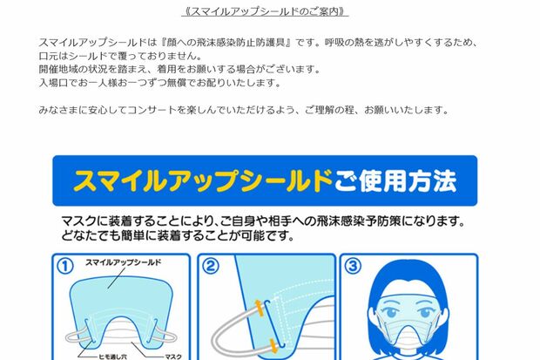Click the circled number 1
[x=64, y=264]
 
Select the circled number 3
[x=352, y=264]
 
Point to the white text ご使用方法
[x=395, y=180]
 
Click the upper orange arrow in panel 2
[x=259, y=307]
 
